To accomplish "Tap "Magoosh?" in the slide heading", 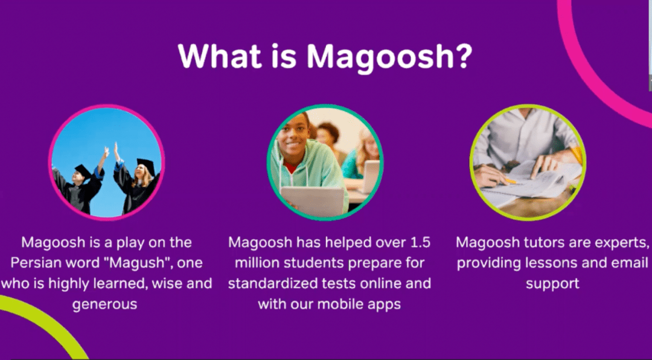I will (389, 57).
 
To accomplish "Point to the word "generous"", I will (105, 303).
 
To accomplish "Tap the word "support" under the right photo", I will (552, 283).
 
